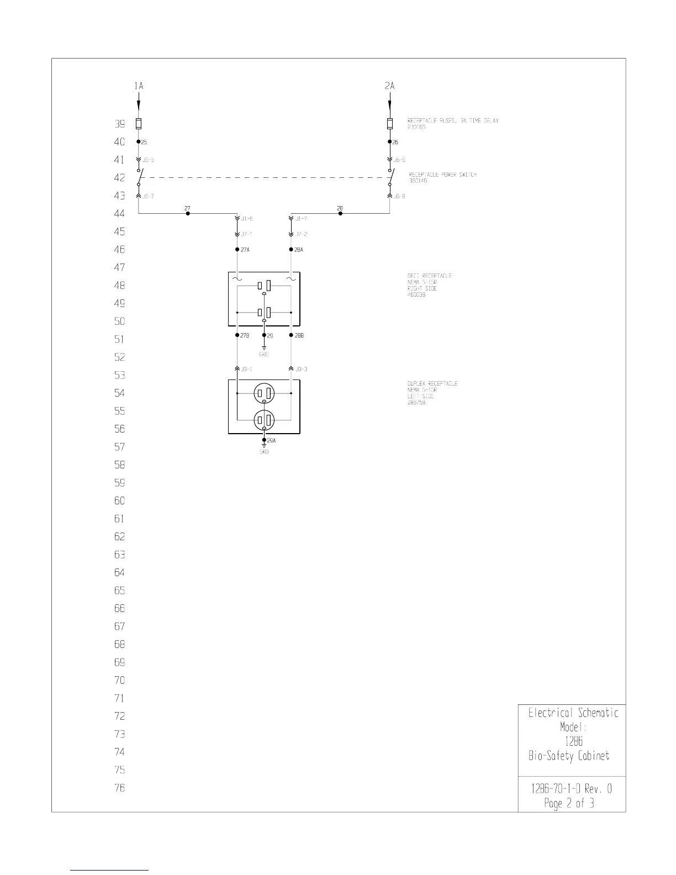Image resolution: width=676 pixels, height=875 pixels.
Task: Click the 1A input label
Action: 139,86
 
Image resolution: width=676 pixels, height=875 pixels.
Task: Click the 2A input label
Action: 390,86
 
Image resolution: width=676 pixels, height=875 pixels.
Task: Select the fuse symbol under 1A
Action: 139,123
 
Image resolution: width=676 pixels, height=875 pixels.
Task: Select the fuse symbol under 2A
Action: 390,123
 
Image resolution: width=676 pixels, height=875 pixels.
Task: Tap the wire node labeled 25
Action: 139,142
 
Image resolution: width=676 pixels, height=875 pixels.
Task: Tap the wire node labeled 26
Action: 390,142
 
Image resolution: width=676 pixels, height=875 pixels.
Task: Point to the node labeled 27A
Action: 237,250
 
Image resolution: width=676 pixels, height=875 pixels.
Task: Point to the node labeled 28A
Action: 291,250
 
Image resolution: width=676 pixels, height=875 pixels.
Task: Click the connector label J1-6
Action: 246,219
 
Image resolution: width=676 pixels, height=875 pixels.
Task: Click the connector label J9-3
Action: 301,369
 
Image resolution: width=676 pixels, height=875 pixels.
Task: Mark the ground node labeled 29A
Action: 265,440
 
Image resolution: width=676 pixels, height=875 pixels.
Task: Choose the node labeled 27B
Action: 237,335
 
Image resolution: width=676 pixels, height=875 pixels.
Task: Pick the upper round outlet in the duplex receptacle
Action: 264,394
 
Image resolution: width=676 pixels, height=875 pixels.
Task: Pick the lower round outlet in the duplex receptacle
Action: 264,420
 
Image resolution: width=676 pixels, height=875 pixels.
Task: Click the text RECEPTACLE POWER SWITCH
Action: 442,175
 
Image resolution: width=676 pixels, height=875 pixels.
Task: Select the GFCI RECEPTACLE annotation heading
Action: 429,276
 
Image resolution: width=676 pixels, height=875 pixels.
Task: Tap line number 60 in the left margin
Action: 119,501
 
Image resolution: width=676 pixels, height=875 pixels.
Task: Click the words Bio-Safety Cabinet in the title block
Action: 569,756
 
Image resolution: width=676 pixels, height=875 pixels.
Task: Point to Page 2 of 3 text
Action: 569,803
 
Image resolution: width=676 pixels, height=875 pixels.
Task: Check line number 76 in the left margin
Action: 119,788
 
